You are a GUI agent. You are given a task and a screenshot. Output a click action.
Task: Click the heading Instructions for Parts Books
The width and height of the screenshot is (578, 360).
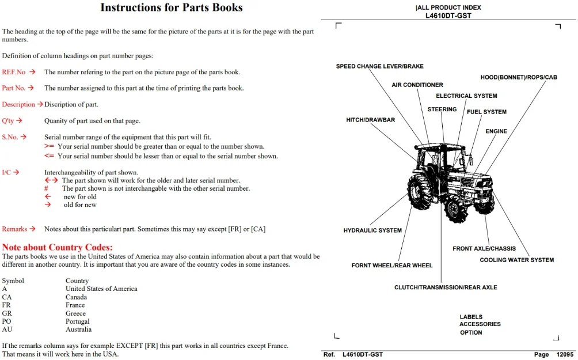pos(172,7)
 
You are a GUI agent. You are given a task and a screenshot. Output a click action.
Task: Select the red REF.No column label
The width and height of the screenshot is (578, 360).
pos(14,72)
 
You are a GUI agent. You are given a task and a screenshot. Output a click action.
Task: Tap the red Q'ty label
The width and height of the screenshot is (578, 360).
pos(7,120)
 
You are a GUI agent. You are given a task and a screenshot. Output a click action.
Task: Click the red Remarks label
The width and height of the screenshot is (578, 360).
pos(14,229)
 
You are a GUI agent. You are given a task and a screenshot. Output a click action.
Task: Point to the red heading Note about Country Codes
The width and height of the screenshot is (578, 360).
pos(57,247)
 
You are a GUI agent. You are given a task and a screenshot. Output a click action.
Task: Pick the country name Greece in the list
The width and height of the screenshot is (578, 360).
pos(75,313)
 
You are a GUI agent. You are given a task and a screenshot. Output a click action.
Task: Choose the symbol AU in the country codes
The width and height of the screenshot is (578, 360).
pos(7,329)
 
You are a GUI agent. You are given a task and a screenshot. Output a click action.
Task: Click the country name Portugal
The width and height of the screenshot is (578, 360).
pos(77,321)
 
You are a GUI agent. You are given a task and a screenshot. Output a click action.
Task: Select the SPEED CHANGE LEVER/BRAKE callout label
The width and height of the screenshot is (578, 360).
pos(380,66)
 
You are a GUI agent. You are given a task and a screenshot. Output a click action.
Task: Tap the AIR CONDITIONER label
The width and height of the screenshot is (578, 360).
pos(417,85)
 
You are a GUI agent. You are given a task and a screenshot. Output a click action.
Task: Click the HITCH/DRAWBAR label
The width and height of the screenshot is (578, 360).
pos(371,120)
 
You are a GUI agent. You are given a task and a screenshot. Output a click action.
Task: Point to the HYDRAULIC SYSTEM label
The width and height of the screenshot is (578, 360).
pos(372,230)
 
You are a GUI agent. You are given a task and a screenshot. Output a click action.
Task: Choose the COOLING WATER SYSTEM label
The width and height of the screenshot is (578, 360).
pos(517,260)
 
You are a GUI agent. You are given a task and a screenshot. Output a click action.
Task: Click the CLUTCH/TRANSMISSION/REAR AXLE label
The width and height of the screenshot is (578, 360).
pos(446,287)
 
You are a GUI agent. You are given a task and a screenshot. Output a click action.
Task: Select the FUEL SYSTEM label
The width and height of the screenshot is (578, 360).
pos(486,112)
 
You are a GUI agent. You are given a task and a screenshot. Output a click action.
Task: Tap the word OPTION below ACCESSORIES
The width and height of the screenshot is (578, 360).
pos(471,333)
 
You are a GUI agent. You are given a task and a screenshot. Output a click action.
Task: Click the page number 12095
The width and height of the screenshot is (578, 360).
pos(565,354)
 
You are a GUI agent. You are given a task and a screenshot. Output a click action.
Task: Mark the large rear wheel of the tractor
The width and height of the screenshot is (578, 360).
pos(420,192)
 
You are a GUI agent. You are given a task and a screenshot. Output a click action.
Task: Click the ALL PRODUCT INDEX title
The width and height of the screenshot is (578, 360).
pos(448,7)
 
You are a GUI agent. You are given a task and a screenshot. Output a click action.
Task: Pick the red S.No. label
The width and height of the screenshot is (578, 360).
pos(10,137)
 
